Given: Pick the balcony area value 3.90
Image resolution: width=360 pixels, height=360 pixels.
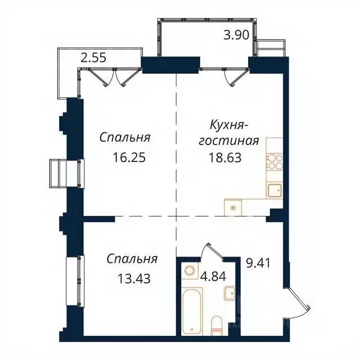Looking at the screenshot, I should [236, 35].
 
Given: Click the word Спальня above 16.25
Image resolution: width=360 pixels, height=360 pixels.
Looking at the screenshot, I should [126, 137].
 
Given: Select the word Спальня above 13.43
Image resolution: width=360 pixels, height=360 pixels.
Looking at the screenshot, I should [132, 259].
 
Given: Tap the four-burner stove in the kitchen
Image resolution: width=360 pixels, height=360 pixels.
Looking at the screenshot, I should [273, 162].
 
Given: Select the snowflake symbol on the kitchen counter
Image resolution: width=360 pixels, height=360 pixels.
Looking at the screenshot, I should [233, 206].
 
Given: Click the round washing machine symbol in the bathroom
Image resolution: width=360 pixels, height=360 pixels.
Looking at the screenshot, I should [190, 270].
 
